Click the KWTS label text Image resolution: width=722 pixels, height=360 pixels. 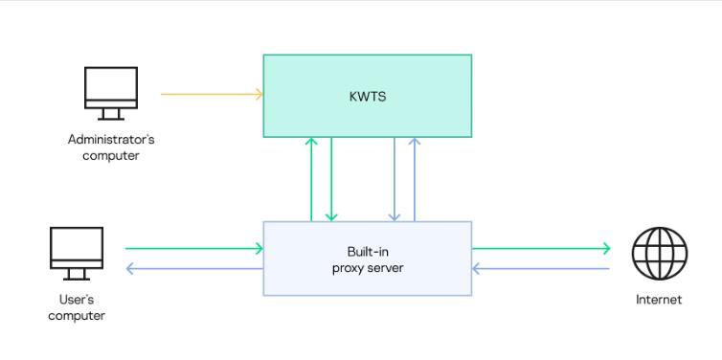[x=368, y=96]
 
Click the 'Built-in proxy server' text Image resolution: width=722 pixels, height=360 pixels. [x=368, y=259]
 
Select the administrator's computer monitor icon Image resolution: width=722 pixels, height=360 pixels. [x=111, y=88]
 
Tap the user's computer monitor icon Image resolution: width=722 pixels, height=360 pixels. [x=77, y=248]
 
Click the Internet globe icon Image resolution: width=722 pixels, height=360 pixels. [x=660, y=255]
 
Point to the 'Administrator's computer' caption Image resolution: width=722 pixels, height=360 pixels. [x=111, y=147]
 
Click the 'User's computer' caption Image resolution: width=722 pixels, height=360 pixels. [x=77, y=307]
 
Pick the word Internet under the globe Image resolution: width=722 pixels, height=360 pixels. [x=659, y=300]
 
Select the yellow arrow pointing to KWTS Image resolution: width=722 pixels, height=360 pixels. [x=211, y=94]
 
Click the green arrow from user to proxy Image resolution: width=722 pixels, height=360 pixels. [x=192, y=249]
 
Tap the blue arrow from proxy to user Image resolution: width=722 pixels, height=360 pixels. [x=192, y=268]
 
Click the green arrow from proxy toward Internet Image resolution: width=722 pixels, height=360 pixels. [x=541, y=249]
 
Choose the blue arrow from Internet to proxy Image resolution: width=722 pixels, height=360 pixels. [x=541, y=268]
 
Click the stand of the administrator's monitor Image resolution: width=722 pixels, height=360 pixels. [x=111, y=114]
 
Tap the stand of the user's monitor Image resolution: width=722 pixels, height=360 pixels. [x=77, y=275]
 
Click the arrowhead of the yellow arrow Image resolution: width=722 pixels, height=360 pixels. [x=259, y=94]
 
